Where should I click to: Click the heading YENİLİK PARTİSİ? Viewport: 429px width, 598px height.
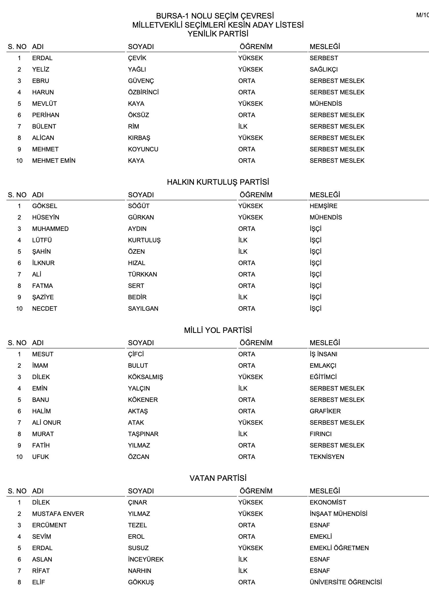[218, 34]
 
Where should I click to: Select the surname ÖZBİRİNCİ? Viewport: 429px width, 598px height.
[143, 92]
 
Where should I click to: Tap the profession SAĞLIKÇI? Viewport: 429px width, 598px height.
[323, 70]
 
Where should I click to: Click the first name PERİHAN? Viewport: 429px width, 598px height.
[46, 115]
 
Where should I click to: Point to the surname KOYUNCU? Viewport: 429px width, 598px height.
[143, 149]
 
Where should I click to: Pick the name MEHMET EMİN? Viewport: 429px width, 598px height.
[54, 161]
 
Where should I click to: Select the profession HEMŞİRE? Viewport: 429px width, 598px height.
[323, 206]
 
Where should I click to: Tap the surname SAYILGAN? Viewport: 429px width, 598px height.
[143, 309]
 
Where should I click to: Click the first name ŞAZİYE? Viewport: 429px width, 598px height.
[43, 297]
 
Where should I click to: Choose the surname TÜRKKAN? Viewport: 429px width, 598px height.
[142, 274]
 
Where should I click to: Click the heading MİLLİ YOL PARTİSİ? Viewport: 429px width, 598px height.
[218, 330]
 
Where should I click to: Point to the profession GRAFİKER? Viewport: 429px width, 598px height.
[325, 411]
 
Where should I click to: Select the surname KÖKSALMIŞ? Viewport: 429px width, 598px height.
[145, 377]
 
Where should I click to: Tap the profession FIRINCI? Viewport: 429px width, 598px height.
[321, 434]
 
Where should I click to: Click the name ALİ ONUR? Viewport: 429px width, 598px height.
[46, 423]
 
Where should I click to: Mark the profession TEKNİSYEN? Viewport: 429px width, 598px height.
[327, 457]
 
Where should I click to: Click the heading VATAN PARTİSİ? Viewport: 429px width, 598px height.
[218, 478]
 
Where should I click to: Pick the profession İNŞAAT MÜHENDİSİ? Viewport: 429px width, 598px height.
[338, 514]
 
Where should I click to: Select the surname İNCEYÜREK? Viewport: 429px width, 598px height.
[146, 560]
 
